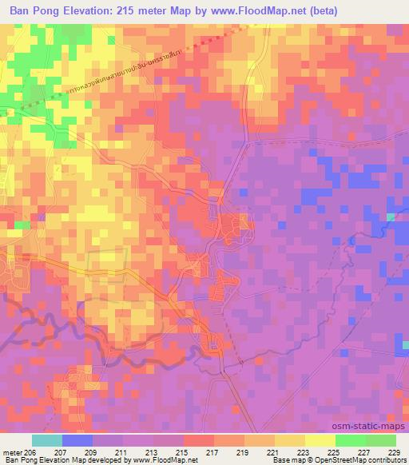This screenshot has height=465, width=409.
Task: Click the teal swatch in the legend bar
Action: tap(47, 440)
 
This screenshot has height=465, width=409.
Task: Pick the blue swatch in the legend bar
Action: tap(77, 440)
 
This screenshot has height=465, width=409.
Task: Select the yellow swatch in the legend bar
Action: tap(290, 440)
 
